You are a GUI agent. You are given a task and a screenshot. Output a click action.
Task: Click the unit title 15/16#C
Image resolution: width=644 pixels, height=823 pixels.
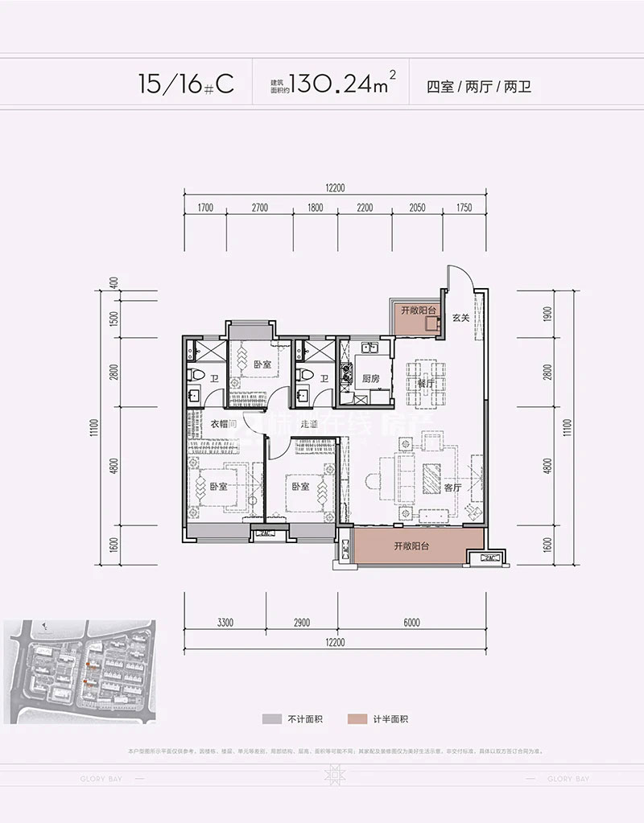pos(175,84)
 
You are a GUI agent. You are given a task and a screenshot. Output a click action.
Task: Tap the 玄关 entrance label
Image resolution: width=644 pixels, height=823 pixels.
pos(460,318)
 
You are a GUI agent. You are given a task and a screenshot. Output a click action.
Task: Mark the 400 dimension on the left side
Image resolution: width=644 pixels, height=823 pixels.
pos(115,283)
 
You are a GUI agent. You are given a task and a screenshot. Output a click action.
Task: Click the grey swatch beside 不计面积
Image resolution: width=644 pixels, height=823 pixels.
pos(269,719)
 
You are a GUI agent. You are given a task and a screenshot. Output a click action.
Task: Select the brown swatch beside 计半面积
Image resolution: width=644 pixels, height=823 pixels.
pos(355,719)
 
